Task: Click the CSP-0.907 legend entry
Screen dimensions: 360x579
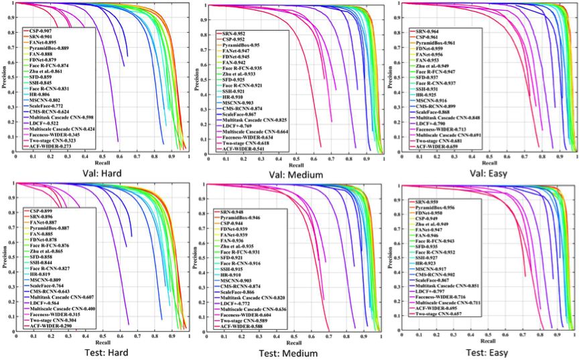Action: click(x=42, y=31)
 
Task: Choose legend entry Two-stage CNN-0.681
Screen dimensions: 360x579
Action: click(x=440, y=141)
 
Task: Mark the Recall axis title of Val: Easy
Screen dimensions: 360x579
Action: click(x=489, y=162)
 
